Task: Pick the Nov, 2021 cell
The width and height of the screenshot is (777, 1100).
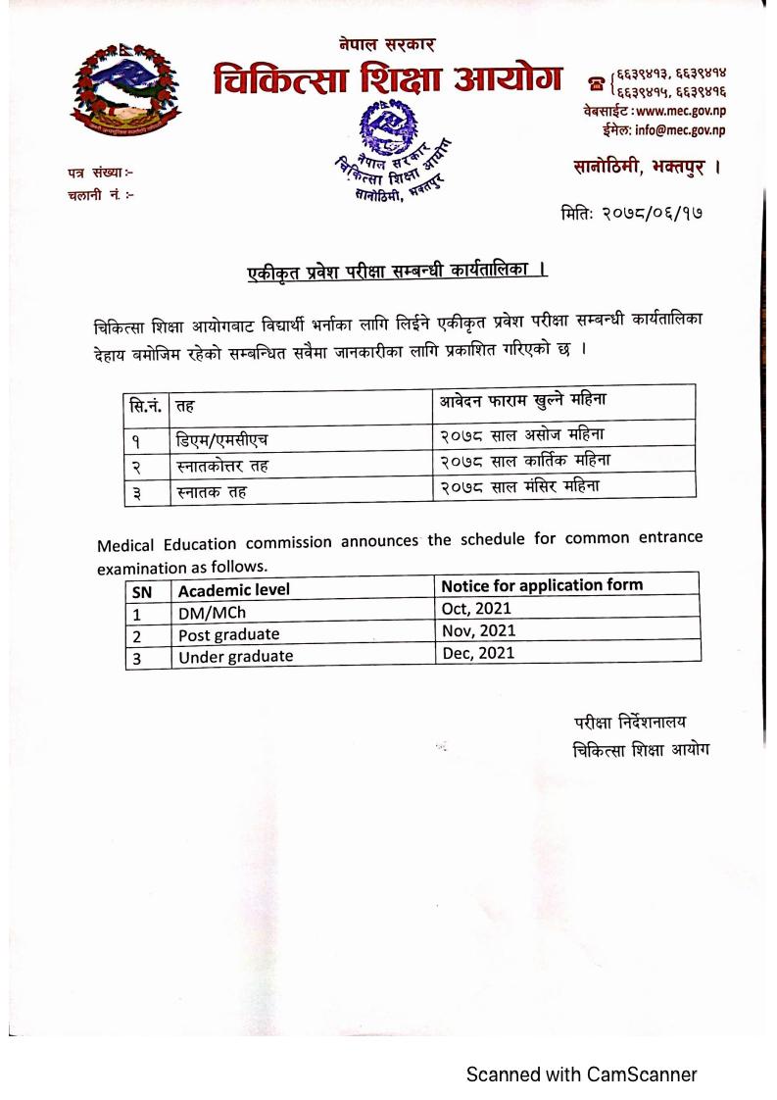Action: (476, 631)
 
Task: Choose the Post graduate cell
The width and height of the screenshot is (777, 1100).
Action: (228, 634)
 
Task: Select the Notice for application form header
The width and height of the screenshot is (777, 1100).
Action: (542, 585)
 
